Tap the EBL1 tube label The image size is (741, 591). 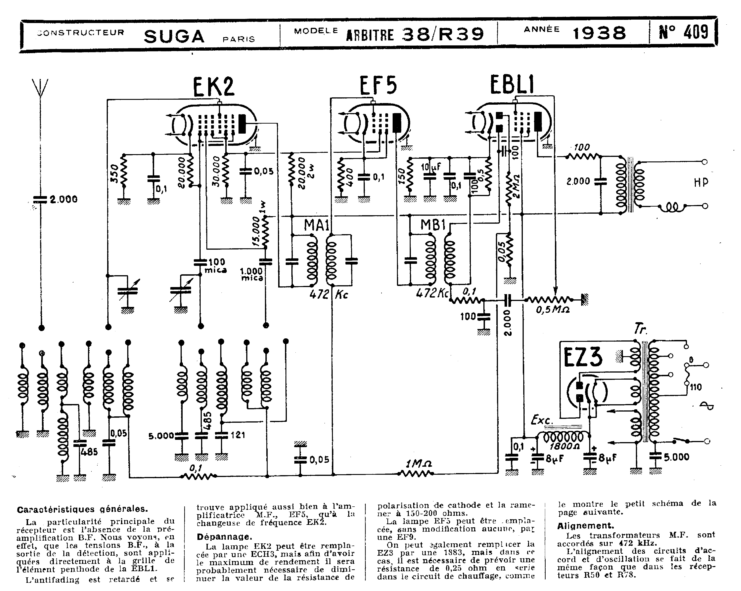[x=512, y=85]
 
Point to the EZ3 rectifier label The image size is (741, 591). [x=583, y=357]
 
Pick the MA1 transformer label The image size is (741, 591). [x=316, y=226]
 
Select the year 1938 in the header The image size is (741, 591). [x=599, y=33]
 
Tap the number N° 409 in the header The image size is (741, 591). [x=683, y=33]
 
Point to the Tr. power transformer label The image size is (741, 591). [x=640, y=330]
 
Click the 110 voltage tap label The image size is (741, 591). [x=696, y=387]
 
